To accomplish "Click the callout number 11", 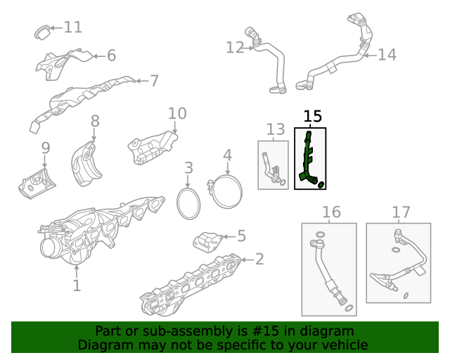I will pyautogui.click(x=73, y=27).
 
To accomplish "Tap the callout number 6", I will pyautogui.click(x=111, y=56).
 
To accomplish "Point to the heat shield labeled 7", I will pyautogui.click(x=84, y=98).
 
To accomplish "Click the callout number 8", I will pyautogui.click(x=95, y=123).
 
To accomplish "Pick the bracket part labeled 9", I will pyautogui.click(x=37, y=180).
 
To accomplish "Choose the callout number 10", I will pyautogui.click(x=177, y=113).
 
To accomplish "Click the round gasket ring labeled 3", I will pyautogui.click(x=188, y=202).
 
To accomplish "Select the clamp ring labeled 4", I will pyautogui.click(x=227, y=193).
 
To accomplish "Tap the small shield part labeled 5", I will pyautogui.click(x=208, y=243).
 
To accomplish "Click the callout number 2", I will pyautogui.click(x=259, y=259).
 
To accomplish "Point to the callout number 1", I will pyautogui.click(x=77, y=285).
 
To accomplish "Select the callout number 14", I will pyautogui.click(x=387, y=54).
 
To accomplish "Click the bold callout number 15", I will pyautogui.click(x=312, y=115).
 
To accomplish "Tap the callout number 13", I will pyautogui.click(x=276, y=129).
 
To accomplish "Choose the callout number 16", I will pyautogui.click(x=330, y=212).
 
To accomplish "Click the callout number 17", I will pyautogui.click(x=400, y=212).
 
